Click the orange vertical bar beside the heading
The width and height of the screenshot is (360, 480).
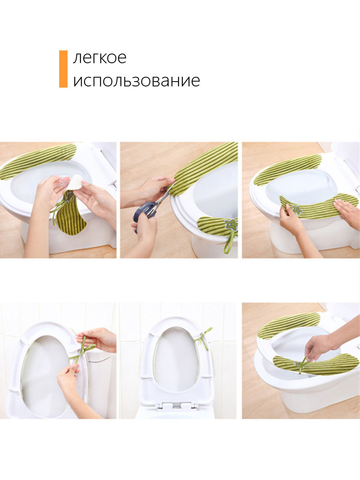click(x=63, y=69)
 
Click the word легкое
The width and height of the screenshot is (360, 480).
click(x=100, y=58)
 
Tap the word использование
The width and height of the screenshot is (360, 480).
click(x=136, y=81)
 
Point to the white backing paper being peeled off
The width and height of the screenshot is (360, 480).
click(x=75, y=182)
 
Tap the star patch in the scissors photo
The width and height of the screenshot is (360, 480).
click(x=231, y=224)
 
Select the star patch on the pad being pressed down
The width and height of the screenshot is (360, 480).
click(x=297, y=210)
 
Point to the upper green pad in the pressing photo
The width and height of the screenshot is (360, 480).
click(x=287, y=169)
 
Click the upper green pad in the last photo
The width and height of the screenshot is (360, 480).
click(x=288, y=326)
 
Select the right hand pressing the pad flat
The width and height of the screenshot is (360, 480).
click(x=347, y=211)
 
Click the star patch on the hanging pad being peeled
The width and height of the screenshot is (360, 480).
click(x=69, y=196)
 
